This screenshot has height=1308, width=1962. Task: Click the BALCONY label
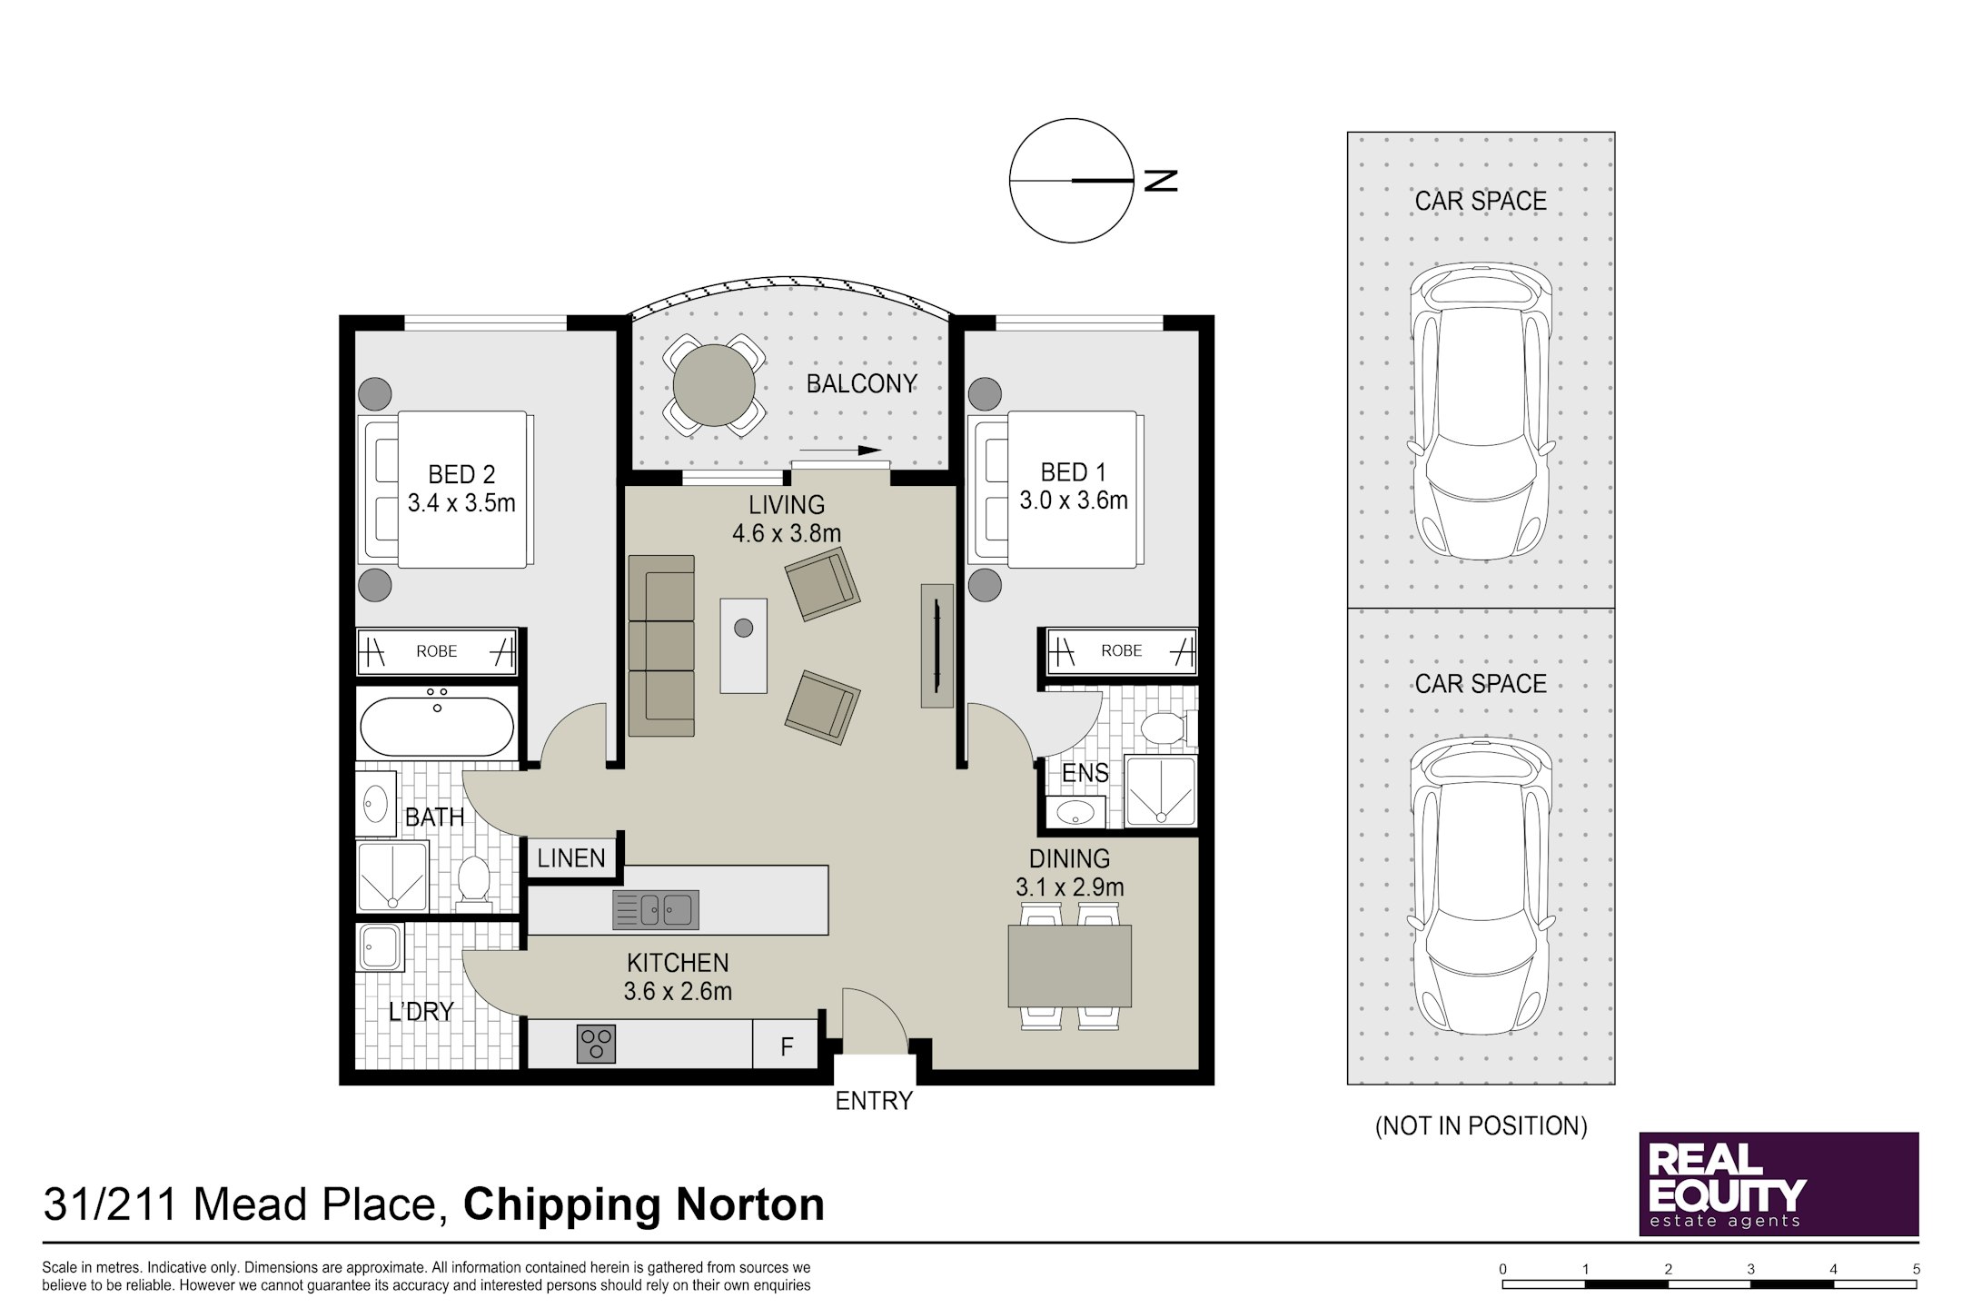(x=861, y=384)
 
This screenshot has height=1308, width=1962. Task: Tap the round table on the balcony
(x=714, y=385)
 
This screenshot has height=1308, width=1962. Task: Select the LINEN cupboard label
(x=571, y=858)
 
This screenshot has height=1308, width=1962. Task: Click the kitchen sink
(x=656, y=909)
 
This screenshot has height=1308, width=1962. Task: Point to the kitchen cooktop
(x=596, y=1044)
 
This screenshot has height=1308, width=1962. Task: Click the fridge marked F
(x=787, y=1046)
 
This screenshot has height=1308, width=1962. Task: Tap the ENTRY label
(x=874, y=1101)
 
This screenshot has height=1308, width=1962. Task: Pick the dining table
(x=1069, y=966)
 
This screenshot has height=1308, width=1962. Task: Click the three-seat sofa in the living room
(x=661, y=646)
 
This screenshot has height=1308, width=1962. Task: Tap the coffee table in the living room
(x=743, y=645)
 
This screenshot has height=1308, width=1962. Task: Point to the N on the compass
(x=1161, y=181)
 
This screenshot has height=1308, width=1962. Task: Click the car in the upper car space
(x=1481, y=411)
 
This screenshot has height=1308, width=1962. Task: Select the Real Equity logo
(x=1779, y=1184)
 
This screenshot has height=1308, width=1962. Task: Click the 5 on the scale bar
(x=1917, y=1269)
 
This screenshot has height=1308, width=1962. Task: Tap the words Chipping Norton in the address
(x=644, y=1204)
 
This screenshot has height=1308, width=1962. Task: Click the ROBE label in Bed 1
(x=1122, y=650)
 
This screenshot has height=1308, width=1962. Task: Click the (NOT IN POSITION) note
(x=1481, y=1126)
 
